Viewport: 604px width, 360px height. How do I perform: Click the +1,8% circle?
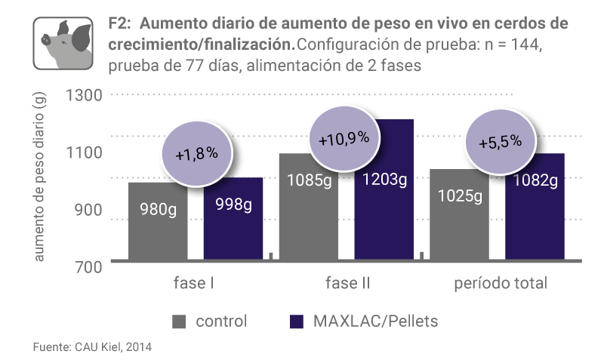[x=196, y=152]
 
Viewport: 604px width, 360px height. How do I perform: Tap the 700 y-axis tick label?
[x=89, y=266]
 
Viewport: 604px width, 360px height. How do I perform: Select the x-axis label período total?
[x=501, y=285]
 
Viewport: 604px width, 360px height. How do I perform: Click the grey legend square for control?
[x=179, y=322]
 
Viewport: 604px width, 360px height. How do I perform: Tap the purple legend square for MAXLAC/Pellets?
[x=297, y=322]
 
